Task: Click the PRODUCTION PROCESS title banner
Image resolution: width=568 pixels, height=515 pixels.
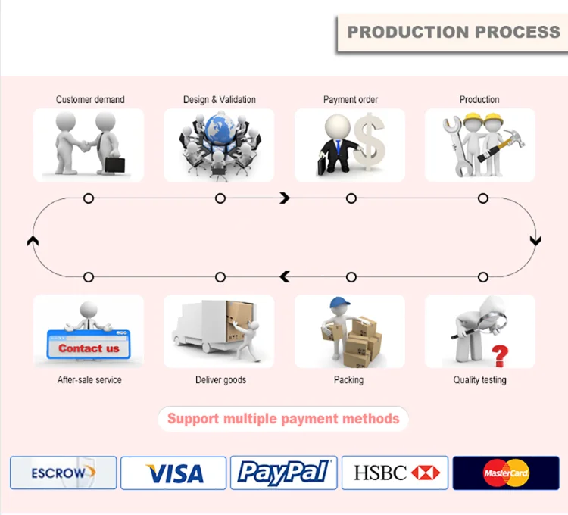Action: pyautogui.click(x=452, y=33)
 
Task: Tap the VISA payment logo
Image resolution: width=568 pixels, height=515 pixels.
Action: pyautogui.click(x=174, y=473)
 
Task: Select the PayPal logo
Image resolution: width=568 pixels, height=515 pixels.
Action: pyautogui.click(x=283, y=473)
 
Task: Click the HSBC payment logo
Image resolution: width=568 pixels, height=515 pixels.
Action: pyautogui.click(x=395, y=473)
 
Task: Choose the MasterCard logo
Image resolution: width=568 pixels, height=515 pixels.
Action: pyautogui.click(x=506, y=473)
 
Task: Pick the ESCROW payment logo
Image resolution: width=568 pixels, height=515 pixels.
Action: pyautogui.click(x=64, y=473)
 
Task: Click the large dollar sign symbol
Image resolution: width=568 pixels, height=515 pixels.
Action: pyautogui.click(x=369, y=142)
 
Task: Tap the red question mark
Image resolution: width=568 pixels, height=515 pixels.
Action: pyautogui.click(x=499, y=354)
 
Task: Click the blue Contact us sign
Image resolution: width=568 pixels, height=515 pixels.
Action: pyautogui.click(x=89, y=348)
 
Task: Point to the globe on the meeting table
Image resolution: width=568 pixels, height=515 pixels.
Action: pyautogui.click(x=219, y=130)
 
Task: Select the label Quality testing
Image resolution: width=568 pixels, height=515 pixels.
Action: pyautogui.click(x=480, y=380)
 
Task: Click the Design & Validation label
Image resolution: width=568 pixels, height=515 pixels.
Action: pyautogui.click(x=220, y=100)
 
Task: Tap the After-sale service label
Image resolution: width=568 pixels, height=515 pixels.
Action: pyautogui.click(x=89, y=380)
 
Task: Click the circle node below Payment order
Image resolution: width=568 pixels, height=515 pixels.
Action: pyautogui.click(x=351, y=198)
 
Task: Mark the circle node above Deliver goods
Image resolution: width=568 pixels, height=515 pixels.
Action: pyautogui.click(x=220, y=277)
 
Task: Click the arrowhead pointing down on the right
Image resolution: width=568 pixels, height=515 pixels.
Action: pyautogui.click(x=535, y=241)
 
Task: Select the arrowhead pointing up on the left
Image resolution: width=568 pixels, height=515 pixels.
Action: pyautogui.click(x=32, y=241)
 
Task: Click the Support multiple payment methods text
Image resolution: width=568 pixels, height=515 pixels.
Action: pyautogui.click(x=283, y=419)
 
